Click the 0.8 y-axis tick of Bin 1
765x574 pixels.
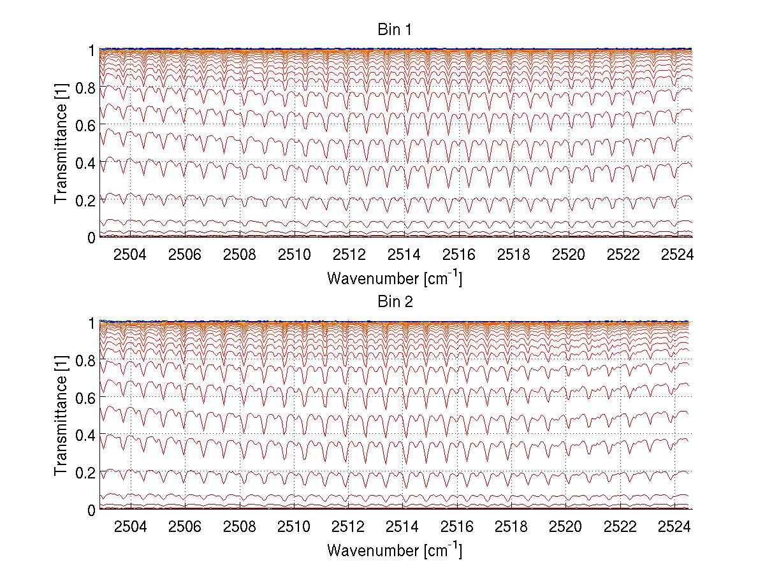click(x=85, y=88)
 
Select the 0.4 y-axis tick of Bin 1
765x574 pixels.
click(x=85, y=163)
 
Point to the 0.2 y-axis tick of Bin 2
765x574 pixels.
click(x=85, y=472)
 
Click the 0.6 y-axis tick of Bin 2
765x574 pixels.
click(x=85, y=398)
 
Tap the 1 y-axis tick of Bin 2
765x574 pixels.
click(x=91, y=323)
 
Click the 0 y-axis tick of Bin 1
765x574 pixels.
click(x=91, y=238)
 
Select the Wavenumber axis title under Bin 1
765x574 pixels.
click(x=395, y=278)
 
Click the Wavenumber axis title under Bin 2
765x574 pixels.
click(x=395, y=550)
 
